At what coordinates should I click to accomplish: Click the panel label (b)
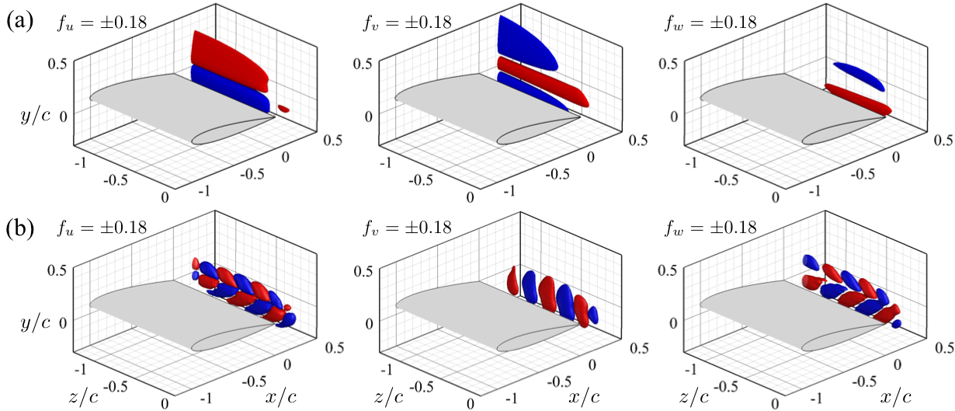coord(19,231)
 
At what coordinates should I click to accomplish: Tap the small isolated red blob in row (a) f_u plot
coord(283,110)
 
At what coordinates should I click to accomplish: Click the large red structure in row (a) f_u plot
coord(229,58)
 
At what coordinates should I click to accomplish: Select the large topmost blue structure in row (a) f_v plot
coord(526,43)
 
